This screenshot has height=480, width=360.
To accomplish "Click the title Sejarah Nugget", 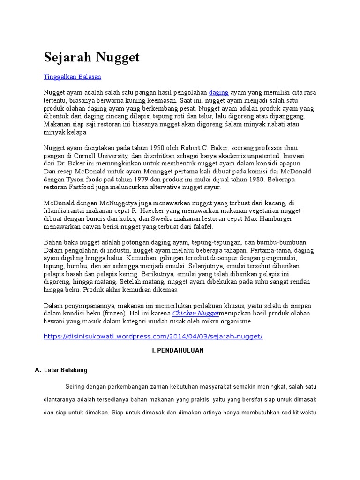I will click(x=91, y=58).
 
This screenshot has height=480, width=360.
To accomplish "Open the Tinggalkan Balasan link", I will click(x=72, y=76).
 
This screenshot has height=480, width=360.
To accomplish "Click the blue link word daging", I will click(x=218, y=92).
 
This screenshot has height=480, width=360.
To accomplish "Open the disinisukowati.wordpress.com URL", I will click(x=153, y=337).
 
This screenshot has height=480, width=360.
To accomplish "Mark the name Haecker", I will click(x=157, y=211).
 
